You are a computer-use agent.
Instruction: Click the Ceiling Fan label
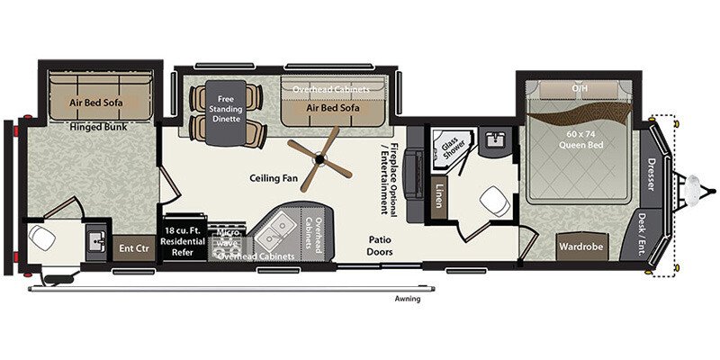tap(274, 178)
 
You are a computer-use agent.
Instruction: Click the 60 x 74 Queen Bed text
tap(582, 139)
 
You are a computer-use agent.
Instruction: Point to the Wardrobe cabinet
tap(580, 245)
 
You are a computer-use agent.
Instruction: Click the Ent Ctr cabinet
tap(131, 248)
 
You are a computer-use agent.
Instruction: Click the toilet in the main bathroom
tap(491, 200)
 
